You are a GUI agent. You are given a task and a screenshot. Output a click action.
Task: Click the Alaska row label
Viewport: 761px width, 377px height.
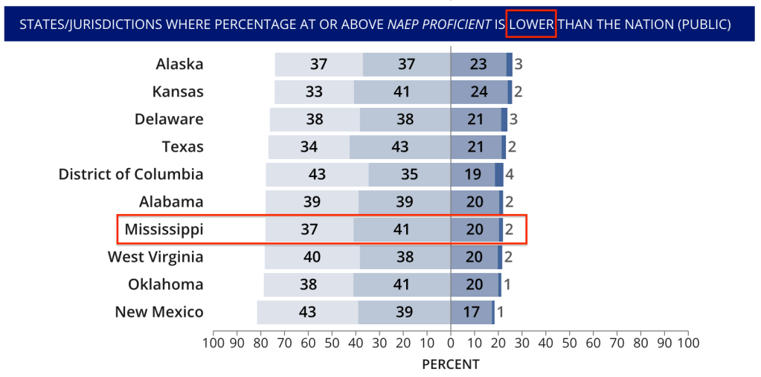click(179, 64)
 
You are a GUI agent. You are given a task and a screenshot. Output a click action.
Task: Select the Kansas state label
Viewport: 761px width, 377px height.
click(178, 91)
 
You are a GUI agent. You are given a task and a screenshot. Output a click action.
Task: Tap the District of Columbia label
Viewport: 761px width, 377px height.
click(131, 174)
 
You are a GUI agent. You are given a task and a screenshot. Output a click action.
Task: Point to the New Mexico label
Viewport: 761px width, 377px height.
click(159, 312)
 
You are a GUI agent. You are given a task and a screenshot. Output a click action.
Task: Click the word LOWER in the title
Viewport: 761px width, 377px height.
click(531, 25)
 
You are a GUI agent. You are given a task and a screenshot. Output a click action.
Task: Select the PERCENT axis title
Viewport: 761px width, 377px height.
click(451, 364)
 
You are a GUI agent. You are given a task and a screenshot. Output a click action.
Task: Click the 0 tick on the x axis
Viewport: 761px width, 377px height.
click(451, 343)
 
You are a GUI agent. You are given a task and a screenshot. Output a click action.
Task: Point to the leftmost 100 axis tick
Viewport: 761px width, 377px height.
click(213, 343)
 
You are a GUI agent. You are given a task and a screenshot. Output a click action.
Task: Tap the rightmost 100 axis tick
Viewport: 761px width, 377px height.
click(688, 343)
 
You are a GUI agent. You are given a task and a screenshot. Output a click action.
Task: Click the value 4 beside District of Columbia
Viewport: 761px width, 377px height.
click(510, 175)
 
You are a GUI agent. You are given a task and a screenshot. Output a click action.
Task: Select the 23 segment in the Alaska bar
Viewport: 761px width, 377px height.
click(478, 64)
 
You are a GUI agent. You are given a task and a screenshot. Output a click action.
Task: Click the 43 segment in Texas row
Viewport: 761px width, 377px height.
click(400, 146)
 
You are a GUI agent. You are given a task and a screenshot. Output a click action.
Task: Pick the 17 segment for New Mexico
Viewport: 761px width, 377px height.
click(472, 312)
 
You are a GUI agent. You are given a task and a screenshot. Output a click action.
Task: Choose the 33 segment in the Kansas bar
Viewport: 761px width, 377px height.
click(314, 91)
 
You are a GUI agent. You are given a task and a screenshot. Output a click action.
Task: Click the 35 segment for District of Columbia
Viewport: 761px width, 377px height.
click(409, 175)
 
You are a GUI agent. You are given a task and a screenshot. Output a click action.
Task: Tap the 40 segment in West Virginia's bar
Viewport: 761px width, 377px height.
click(312, 257)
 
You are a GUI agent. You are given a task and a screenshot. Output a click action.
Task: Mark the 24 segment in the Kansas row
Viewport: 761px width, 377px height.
click(478, 91)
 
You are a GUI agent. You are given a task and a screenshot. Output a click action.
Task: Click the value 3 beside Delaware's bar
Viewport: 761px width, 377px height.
click(513, 119)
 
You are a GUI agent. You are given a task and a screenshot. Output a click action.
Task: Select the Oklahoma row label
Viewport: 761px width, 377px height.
click(166, 284)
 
